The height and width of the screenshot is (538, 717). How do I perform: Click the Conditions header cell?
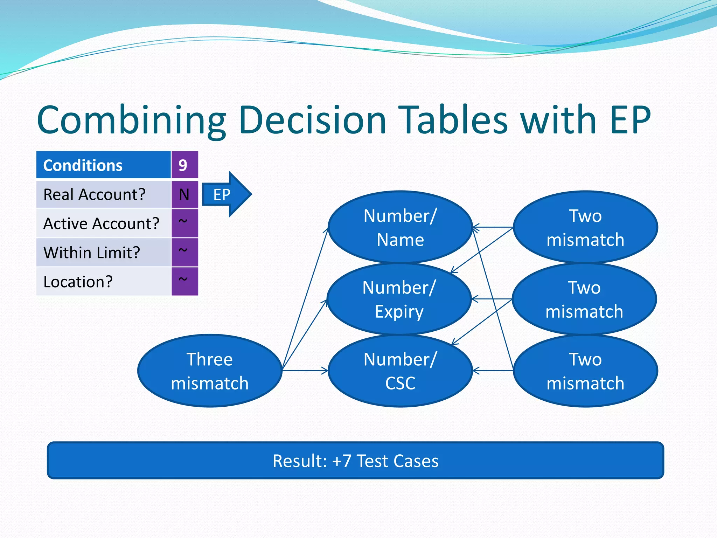point(103,165)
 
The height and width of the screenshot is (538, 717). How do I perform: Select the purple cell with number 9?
point(185,165)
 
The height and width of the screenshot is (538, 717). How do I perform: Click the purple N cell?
point(185,194)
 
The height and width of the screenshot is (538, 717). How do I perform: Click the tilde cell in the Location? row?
point(185,281)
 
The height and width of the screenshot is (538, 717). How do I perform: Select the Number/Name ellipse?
point(400,227)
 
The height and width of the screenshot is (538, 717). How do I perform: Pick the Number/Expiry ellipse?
point(399,299)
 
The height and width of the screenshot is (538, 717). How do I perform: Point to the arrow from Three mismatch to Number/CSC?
point(305,371)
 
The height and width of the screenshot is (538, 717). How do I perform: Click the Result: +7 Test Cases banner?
point(355,461)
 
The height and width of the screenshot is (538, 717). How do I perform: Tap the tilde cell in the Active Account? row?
point(185,223)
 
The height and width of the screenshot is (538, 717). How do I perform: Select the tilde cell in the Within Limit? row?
point(185,252)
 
